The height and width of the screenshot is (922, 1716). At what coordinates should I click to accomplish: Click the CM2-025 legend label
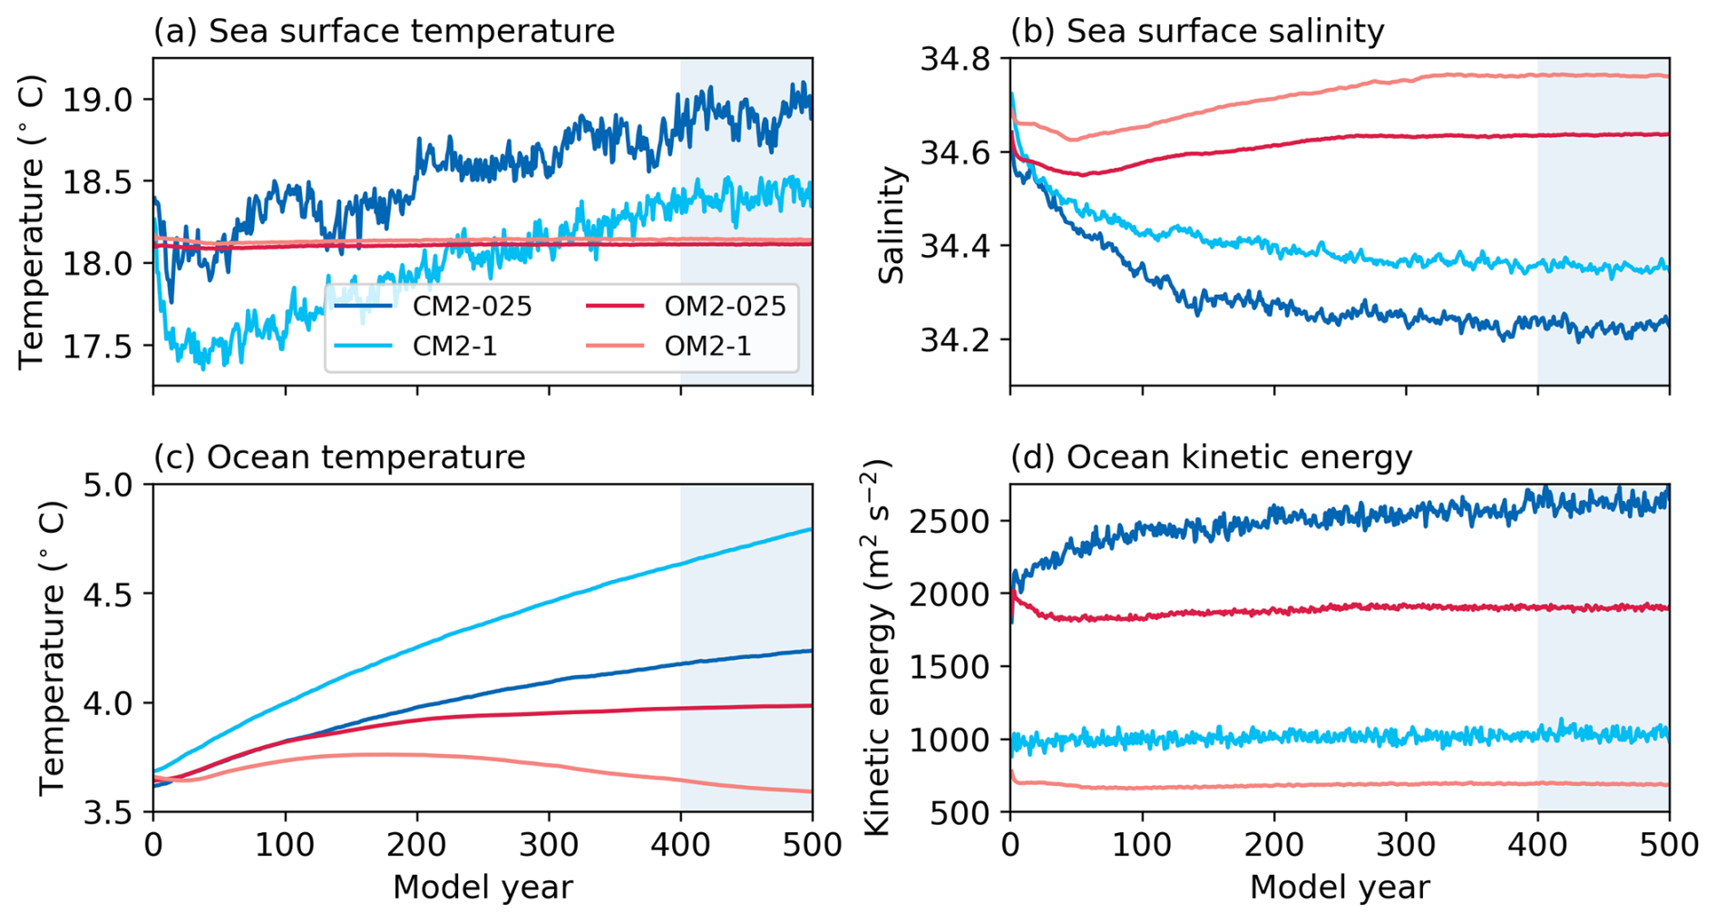[x=472, y=307]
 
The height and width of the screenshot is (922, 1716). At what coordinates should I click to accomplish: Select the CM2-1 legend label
[x=454, y=346]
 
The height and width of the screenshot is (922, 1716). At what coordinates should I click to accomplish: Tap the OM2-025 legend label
[x=725, y=307]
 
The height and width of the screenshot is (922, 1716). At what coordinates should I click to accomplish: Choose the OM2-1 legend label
[x=707, y=346]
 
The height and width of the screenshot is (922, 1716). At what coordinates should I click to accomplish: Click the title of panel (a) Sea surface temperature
[x=384, y=31]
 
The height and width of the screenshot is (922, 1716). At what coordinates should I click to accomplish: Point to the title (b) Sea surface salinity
[x=1197, y=31]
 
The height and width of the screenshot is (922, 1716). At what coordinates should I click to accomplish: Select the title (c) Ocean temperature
[x=339, y=456]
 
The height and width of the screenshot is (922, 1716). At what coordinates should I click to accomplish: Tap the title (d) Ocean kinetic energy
[x=1211, y=456]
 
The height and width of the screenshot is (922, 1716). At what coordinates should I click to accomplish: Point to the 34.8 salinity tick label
[x=955, y=60]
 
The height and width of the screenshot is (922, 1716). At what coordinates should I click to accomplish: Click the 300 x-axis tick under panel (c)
[x=549, y=846]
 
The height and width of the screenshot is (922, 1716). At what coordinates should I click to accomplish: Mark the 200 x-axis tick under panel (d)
[x=1274, y=846]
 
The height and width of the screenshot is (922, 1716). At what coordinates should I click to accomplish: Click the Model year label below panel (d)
[x=1340, y=888]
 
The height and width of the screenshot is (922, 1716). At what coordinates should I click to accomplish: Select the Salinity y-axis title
[x=892, y=224]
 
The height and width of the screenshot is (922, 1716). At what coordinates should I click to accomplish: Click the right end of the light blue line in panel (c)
[x=810, y=529]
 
